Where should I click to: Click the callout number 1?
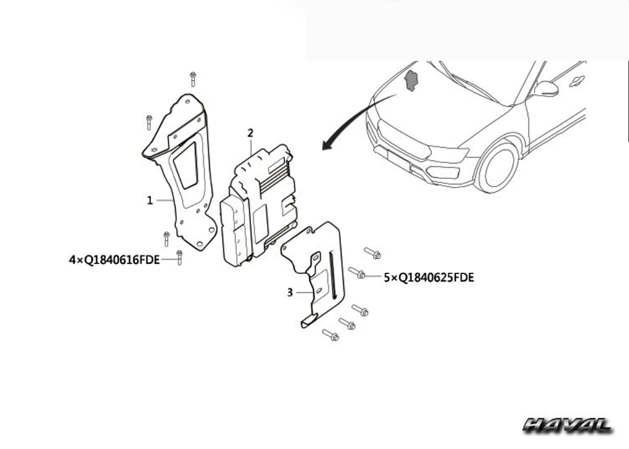(150, 200)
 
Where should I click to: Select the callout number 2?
(250, 133)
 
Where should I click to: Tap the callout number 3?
(290, 292)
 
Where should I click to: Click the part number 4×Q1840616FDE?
(114, 260)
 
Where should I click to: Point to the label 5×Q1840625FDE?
(429, 278)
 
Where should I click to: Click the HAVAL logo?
(567, 425)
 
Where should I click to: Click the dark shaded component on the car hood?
(411, 81)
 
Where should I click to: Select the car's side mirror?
(545, 89)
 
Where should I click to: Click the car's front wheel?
(498, 166)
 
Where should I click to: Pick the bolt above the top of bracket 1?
(193, 79)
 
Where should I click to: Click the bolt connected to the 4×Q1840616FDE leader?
(179, 258)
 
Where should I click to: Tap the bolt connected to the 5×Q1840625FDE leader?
(357, 273)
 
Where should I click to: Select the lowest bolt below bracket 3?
(331, 335)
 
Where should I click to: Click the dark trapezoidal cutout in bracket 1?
(186, 165)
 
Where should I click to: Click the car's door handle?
(577, 81)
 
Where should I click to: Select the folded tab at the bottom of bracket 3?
(308, 321)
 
